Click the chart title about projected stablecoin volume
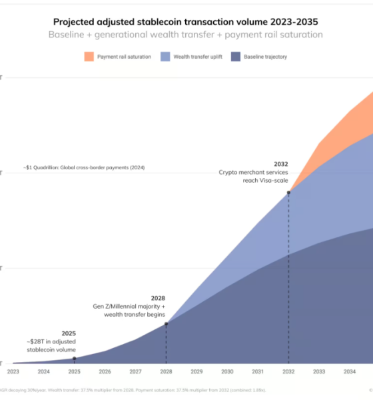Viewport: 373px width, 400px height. (x=186, y=21)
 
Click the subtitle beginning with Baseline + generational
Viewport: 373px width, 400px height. (x=186, y=34)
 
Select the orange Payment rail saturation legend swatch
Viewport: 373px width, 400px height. (x=89, y=57)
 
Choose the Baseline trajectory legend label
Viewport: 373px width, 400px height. (x=265, y=57)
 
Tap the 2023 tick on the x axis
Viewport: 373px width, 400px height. (x=13, y=371)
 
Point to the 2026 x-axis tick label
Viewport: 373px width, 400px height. (x=105, y=371)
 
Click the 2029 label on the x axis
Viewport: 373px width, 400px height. (x=196, y=371)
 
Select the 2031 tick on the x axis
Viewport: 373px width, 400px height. (x=258, y=371)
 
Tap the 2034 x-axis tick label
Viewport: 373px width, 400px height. (x=350, y=371)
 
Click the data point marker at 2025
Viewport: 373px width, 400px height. (x=74, y=359)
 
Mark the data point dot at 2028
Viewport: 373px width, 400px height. (x=166, y=324)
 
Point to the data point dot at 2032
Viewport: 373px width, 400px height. (x=288, y=193)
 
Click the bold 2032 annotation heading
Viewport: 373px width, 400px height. (x=282, y=163)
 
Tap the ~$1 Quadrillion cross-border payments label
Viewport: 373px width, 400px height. (x=83, y=167)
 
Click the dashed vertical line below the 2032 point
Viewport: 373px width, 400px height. (x=288, y=280)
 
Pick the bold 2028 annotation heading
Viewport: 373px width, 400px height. (x=158, y=298)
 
